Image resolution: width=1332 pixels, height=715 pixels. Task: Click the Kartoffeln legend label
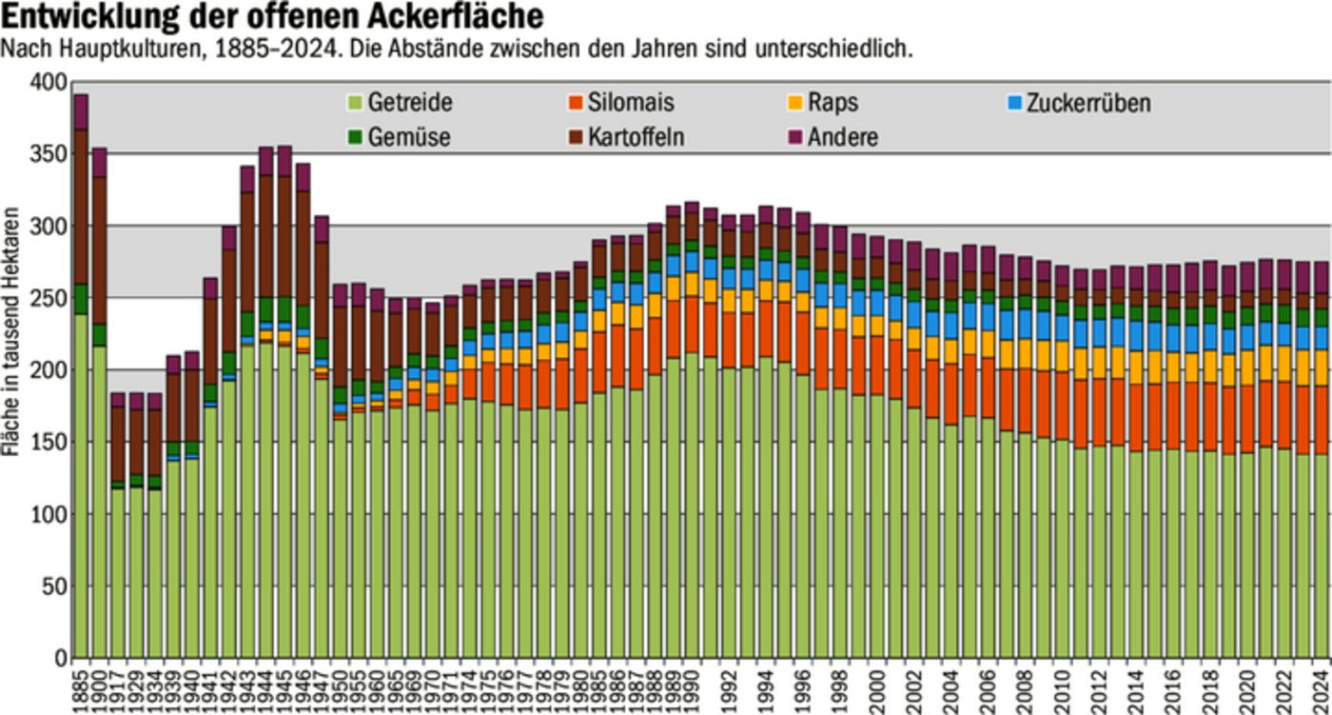(x=636, y=137)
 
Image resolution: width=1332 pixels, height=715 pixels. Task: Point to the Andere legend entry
(x=842, y=137)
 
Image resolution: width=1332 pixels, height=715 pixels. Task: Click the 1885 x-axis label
(x=81, y=687)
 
